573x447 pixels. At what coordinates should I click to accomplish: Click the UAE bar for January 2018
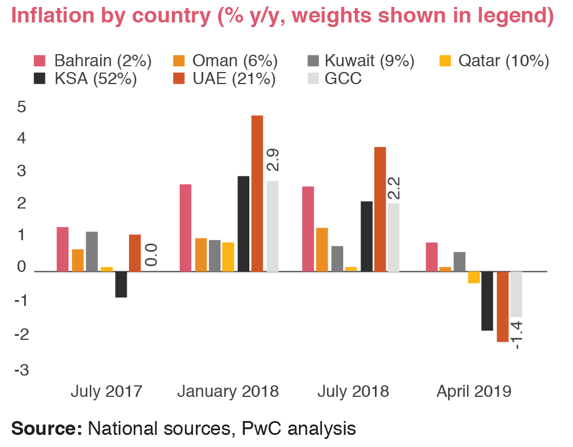[257, 193]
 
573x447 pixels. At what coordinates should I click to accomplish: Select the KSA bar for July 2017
[121, 284]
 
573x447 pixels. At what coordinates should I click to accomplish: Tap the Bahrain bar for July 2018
[308, 228]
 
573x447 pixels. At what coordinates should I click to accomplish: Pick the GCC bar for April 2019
[516, 294]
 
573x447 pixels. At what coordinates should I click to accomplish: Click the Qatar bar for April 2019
[474, 277]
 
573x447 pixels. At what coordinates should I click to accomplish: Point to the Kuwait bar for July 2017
[92, 251]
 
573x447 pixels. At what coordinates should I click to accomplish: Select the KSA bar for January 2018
[243, 223]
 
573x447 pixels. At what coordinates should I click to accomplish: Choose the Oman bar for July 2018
[322, 249]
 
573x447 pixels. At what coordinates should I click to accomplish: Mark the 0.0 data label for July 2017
[151, 254]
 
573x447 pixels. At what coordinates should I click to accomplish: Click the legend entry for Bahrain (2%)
[92, 60]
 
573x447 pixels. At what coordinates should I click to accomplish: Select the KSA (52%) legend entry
[85, 79]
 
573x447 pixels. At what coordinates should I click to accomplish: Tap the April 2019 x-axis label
[473, 392]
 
